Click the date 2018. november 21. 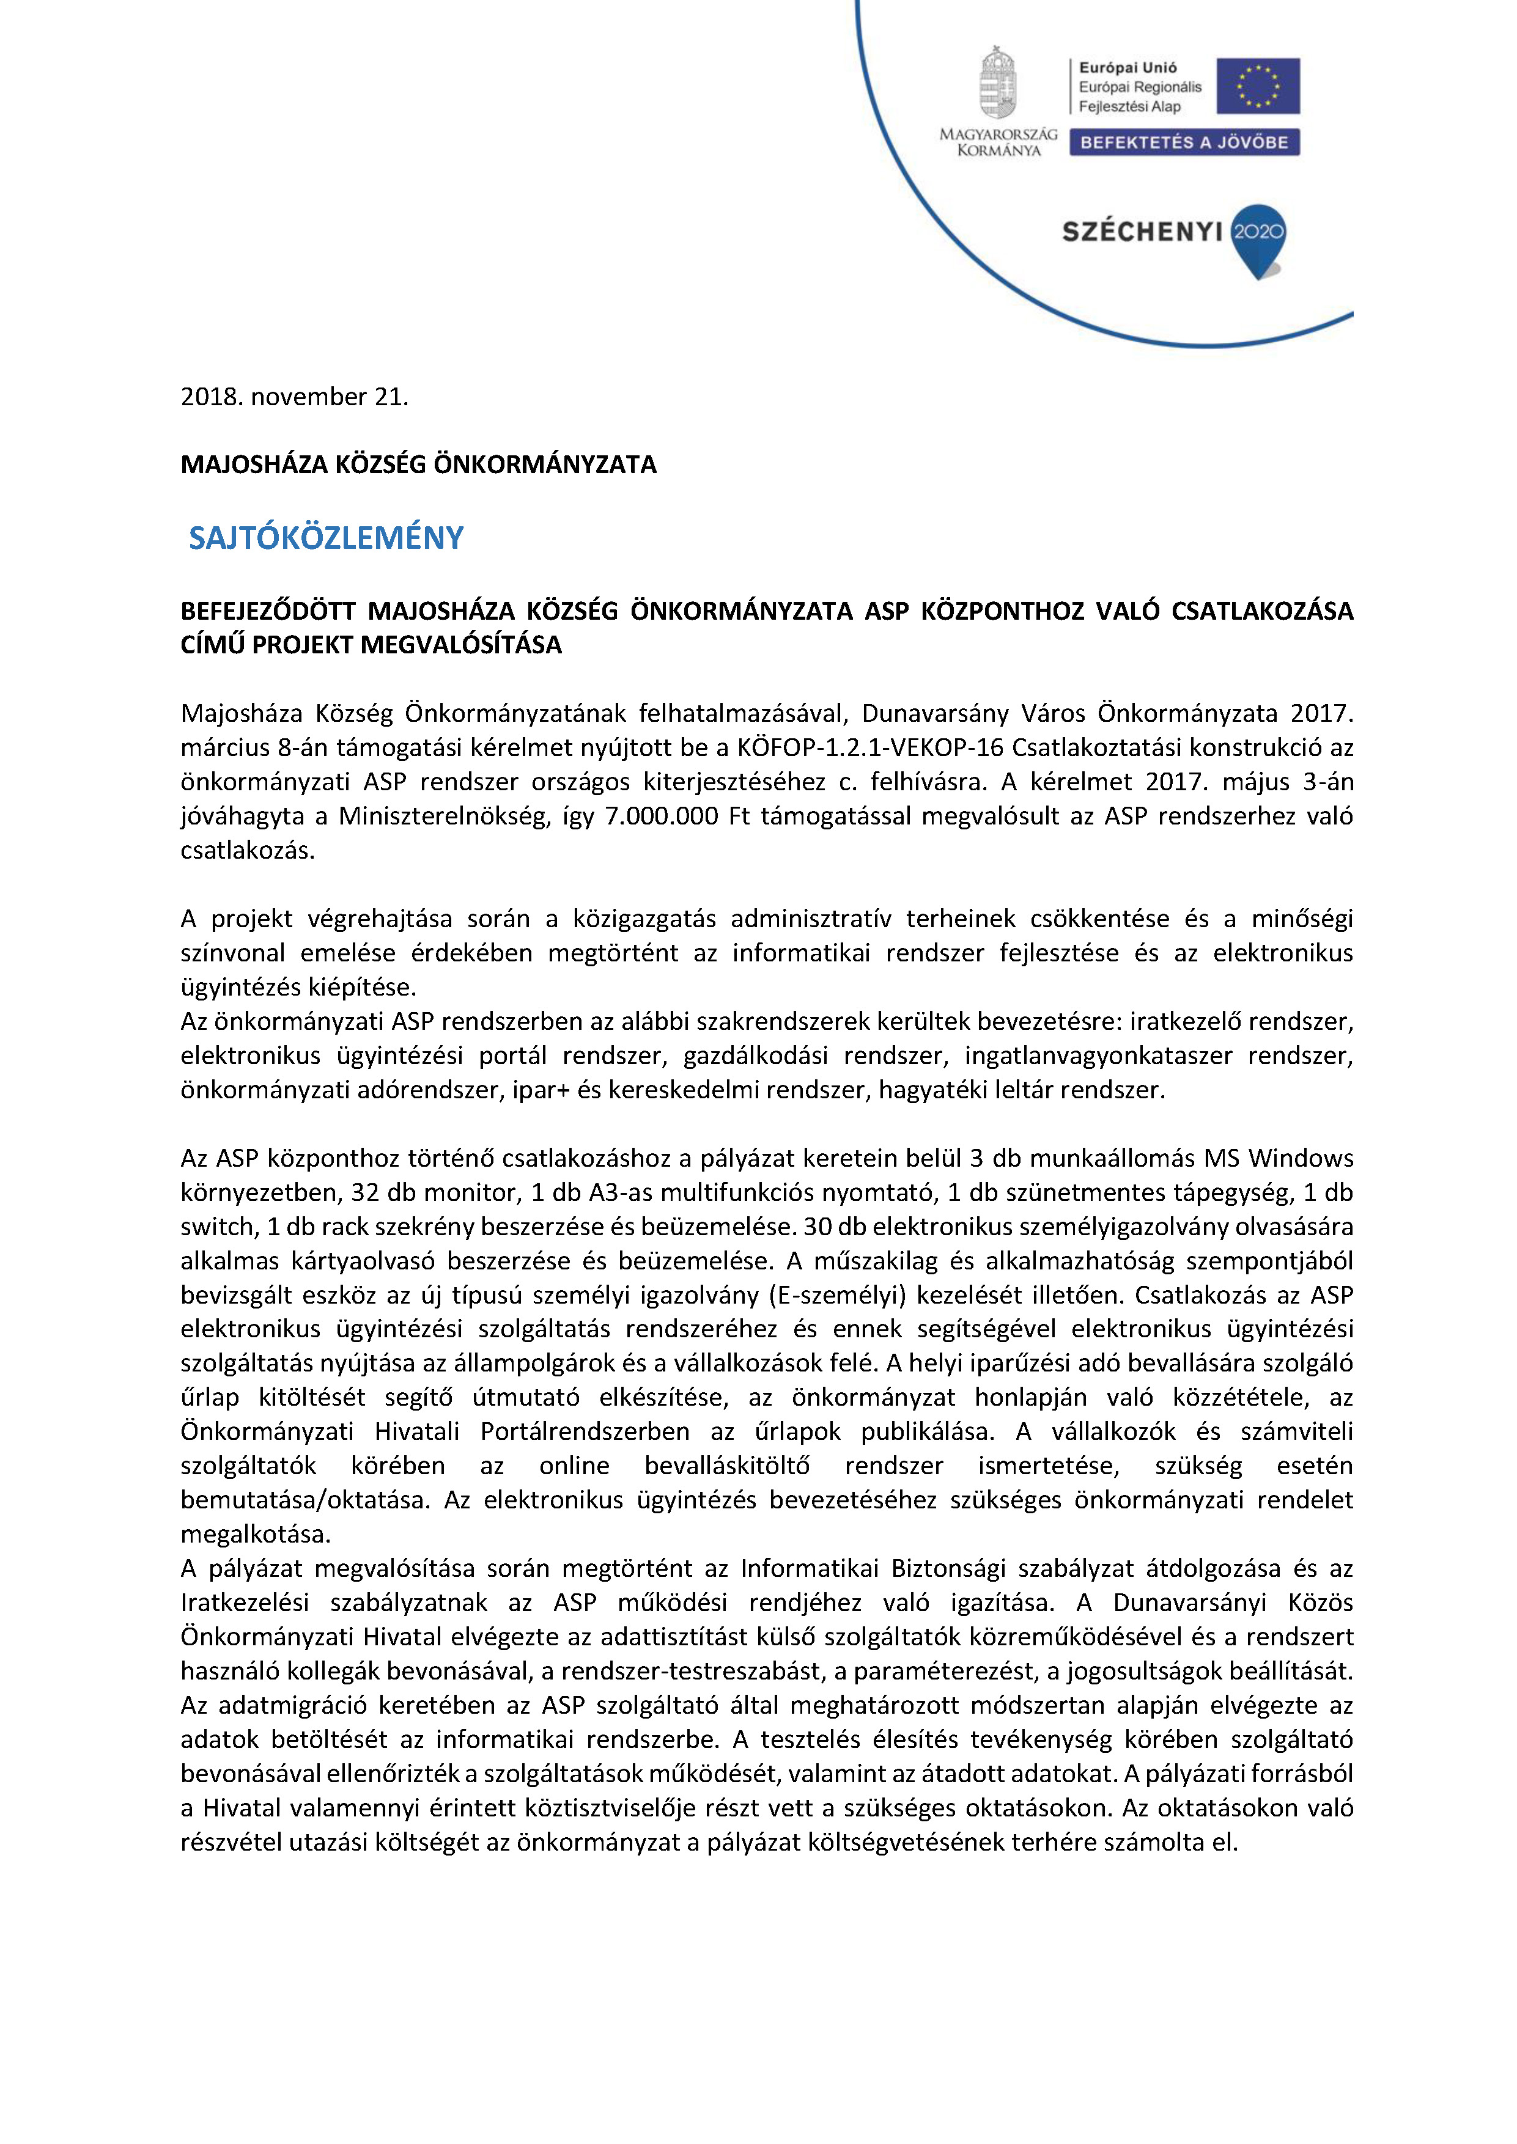point(294,397)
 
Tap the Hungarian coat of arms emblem point(998,84)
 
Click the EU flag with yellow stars point(1257,86)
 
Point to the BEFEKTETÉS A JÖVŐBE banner point(1184,142)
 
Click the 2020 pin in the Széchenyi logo point(1258,233)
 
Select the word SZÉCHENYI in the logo point(1142,232)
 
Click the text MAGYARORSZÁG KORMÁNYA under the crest point(998,142)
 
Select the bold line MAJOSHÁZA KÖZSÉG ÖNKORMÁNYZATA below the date point(418,465)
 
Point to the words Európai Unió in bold point(1128,67)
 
